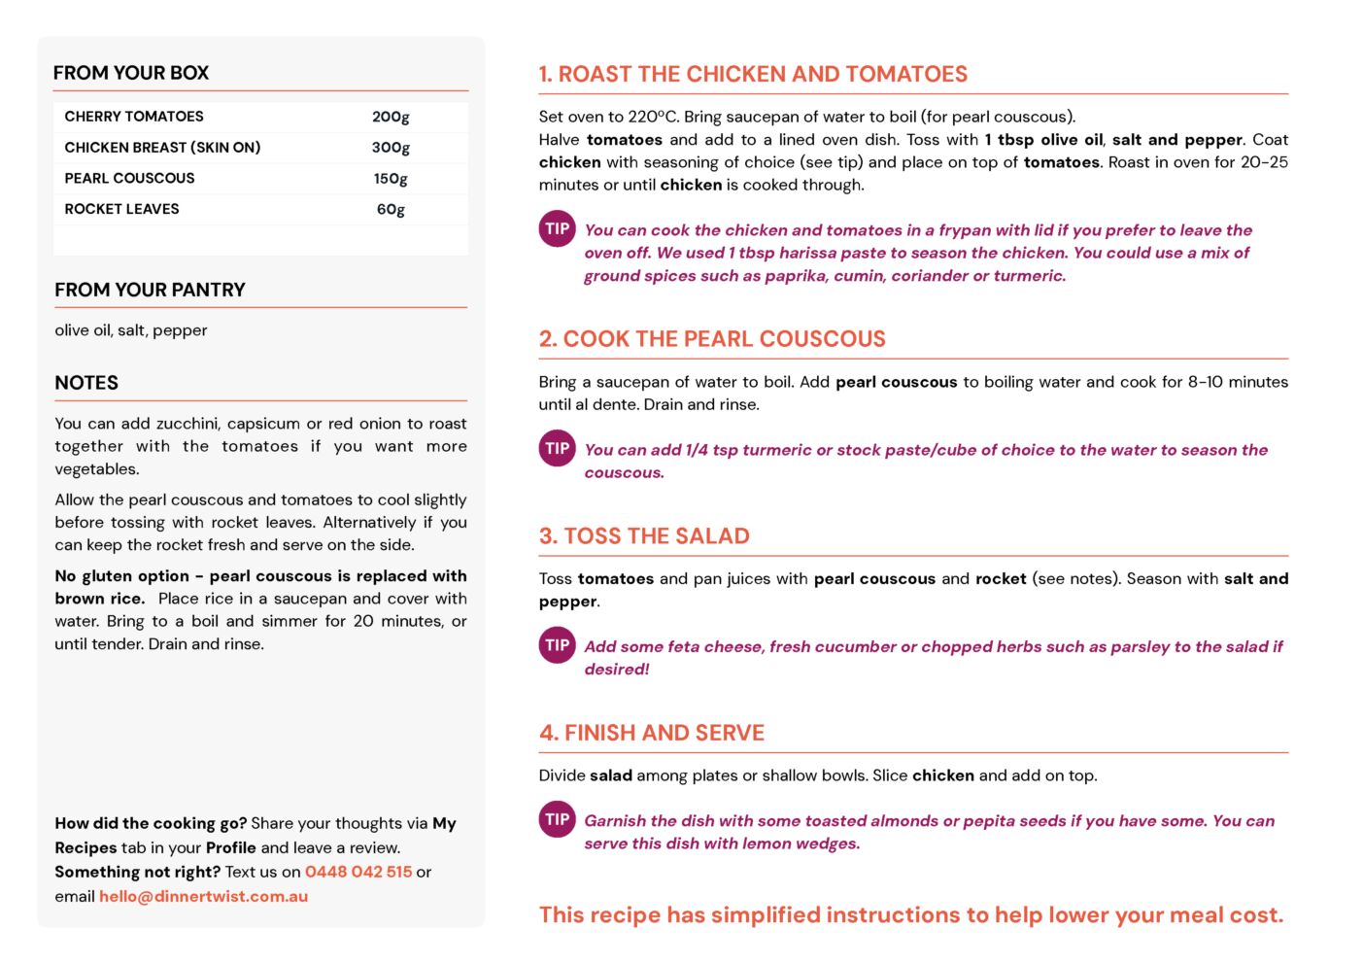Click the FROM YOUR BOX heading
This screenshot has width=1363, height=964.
click(x=131, y=73)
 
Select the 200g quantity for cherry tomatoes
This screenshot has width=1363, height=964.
click(x=391, y=117)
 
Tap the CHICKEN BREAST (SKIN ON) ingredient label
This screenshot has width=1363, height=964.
click(x=162, y=148)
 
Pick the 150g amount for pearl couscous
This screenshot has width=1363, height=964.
click(x=391, y=179)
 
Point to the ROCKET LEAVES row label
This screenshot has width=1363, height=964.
click(x=121, y=209)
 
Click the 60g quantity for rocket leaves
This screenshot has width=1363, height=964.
click(x=391, y=209)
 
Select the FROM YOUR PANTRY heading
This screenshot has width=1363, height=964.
click(x=150, y=290)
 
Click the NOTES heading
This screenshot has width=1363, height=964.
click(x=86, y=383)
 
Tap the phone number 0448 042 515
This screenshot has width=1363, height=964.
click(x=358, y=872)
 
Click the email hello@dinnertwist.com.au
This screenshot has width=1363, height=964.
click(x=203, y=896)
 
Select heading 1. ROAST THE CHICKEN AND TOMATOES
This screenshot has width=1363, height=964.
click(x=753, y=74)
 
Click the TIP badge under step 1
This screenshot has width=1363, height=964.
click(x=557, y=229)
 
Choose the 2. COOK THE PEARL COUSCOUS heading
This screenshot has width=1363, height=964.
click(x=712, y=339)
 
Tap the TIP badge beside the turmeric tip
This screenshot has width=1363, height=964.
click(x=557, y=448)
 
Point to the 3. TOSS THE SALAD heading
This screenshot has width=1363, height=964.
click(x=644, y=536)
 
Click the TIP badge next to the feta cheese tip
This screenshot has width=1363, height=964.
click(x=557, y=645)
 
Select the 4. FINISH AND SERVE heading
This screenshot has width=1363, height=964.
click(x=652, y=733)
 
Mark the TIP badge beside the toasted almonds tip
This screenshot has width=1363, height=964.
click(x=557, y=819)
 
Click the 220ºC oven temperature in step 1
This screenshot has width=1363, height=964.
click(x=655, y=117)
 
